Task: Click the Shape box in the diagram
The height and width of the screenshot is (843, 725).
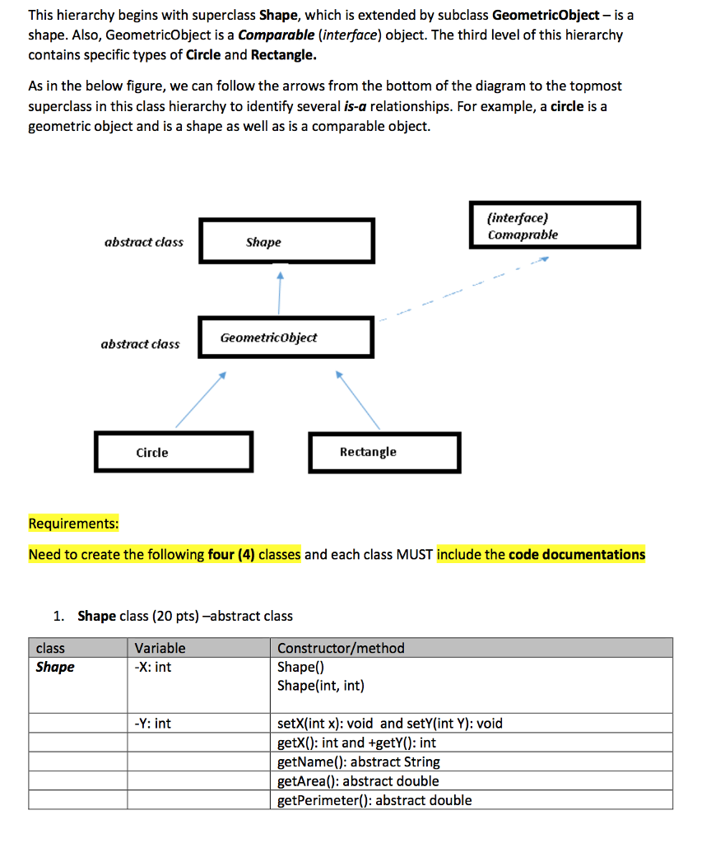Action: (x=286, y=241)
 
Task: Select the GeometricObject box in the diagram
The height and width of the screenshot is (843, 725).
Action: (x=286, y=338)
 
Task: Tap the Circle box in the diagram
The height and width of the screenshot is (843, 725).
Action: (x=173, y=452)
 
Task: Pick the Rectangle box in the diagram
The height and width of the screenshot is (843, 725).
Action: (x=384, y=452)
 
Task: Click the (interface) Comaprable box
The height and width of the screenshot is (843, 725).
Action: (x=555, y=225)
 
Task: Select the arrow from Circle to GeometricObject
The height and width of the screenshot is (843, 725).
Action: (x=199, y=399)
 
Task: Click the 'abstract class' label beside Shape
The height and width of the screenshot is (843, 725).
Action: (x=144, y=242)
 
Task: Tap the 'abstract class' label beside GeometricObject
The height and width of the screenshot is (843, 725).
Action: (x=140, y=344)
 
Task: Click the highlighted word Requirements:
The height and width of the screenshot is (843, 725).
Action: (x=73, y=524)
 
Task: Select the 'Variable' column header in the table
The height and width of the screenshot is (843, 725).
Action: (x=160, y=648)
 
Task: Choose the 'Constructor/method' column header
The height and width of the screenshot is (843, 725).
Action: (x=341, y=648)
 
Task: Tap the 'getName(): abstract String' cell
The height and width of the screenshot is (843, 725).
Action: (x=358, y=761)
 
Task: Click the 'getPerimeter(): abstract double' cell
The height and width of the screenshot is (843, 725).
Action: (x=374, y=799)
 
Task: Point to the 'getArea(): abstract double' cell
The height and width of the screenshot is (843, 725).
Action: (x=358, y=780)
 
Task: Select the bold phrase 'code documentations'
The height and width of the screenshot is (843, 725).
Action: (x=577, y=554)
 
